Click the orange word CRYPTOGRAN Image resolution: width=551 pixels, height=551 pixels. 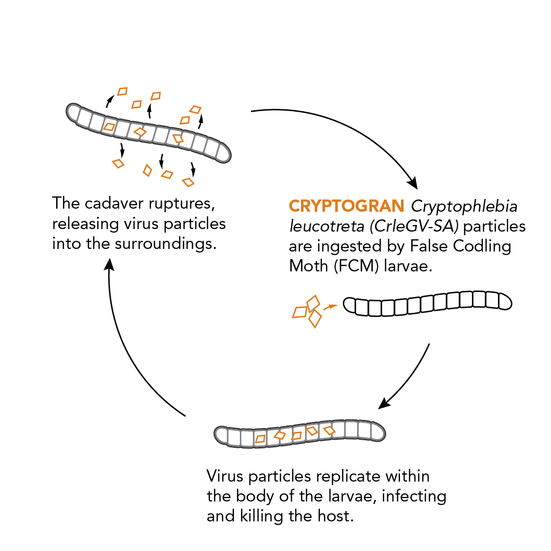[346, 206]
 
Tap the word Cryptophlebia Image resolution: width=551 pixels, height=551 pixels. [464, 207]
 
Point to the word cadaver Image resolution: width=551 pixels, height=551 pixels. [121, 204]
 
